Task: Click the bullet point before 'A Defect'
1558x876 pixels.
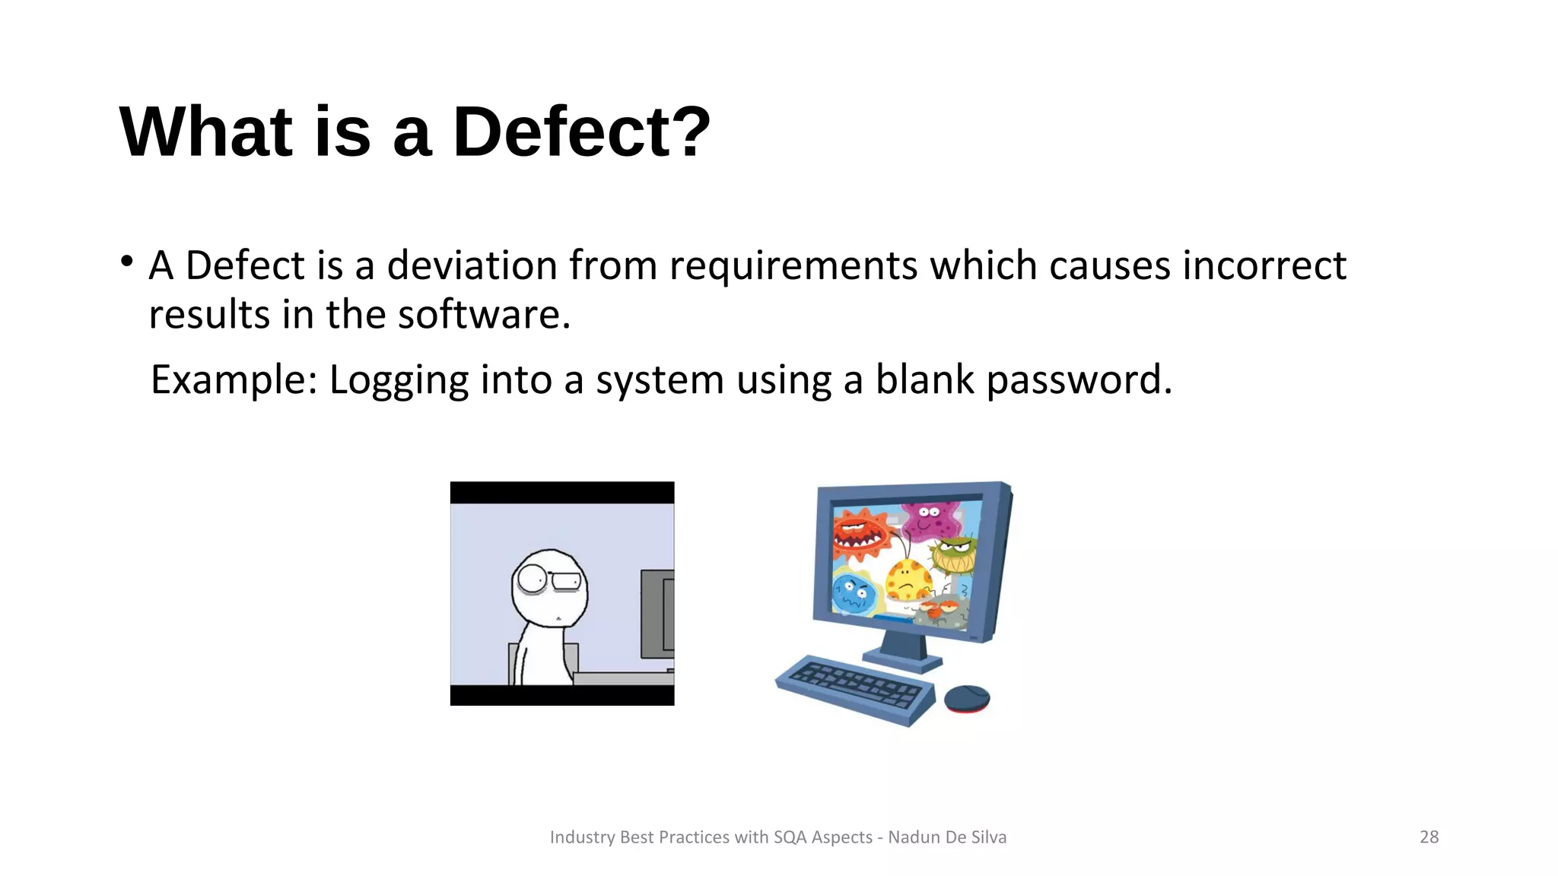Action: (x=127, y=262)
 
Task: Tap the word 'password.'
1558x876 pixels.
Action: (x=1079, y=380)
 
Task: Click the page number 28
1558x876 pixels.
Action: (x=1429, y=837)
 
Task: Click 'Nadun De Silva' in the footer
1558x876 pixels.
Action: (x=947, y=837)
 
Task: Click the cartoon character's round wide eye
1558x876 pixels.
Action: (x=531, y=579)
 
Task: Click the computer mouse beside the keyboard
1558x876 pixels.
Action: (x=967, y=698)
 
